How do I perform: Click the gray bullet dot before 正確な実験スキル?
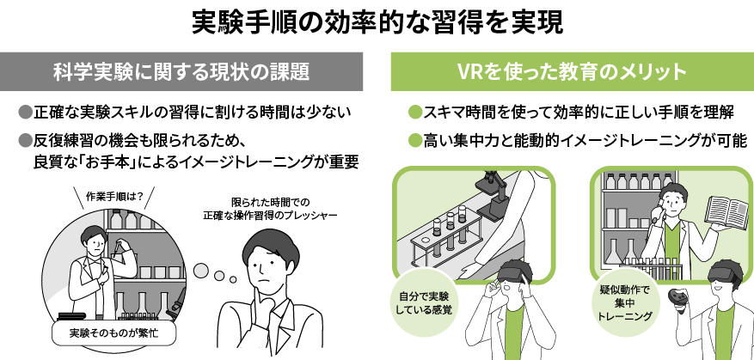tap(25, 113)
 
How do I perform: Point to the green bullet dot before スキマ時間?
tap(415, 113)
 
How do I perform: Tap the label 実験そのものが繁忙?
tap(114, 332)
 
